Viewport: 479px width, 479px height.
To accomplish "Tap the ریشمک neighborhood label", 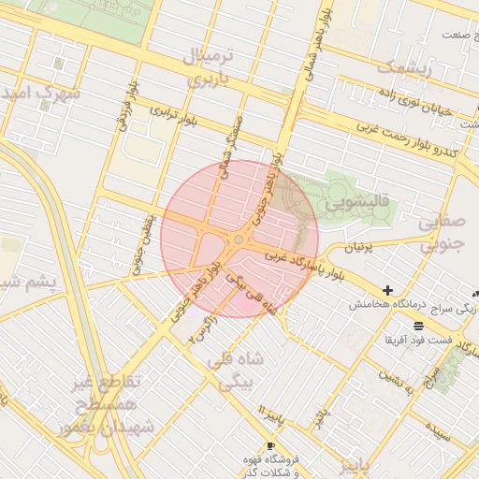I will click(x=405, y=67).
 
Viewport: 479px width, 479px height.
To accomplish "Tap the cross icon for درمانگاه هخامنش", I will click(x=387, y=291).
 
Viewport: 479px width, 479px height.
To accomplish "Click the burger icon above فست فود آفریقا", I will click(x=416, y=325).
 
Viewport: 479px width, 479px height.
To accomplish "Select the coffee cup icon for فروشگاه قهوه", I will click(x=271, y=445).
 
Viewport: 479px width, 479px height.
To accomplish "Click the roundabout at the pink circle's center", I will click(x=239, y=239).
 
